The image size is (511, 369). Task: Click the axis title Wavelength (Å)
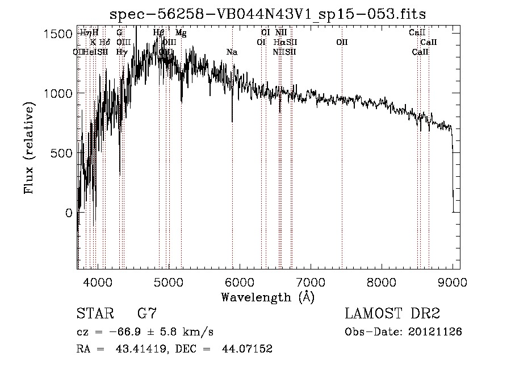tap(267, 297)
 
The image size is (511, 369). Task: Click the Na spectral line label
tap(232, 52)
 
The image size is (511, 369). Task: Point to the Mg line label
tap(181, 33)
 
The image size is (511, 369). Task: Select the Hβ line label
tap(159, 33)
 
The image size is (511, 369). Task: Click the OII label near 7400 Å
tap(342, 42)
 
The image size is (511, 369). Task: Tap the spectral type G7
tap(146, 313)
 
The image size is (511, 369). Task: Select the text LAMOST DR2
tap(392, 313)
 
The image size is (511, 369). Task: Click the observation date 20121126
tap(436, 331)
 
